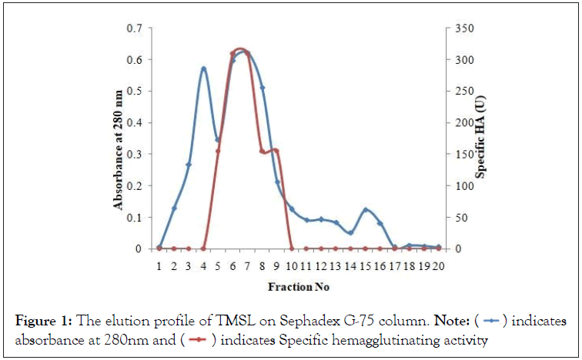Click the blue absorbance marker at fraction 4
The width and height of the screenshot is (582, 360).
point(203,69)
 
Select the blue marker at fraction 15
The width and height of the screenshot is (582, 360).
point(366,210)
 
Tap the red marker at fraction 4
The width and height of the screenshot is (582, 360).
point(203,248)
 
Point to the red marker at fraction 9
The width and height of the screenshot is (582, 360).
point(276,151)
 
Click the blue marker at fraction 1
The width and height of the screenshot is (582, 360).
point(159,247)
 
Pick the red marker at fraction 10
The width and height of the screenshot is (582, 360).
point(292,248)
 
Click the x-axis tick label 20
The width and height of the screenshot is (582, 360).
point(438,265)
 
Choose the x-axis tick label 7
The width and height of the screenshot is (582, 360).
point(247,265)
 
